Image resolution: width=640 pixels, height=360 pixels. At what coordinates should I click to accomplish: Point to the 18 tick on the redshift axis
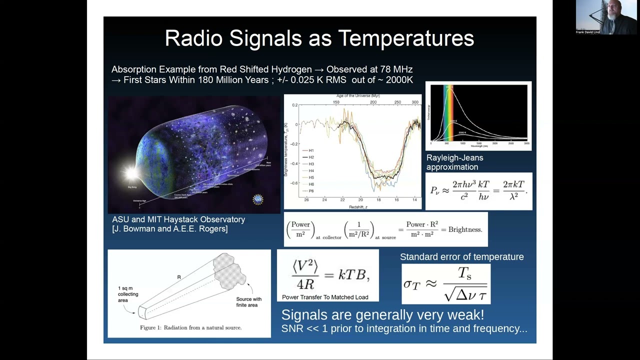coord(378,200)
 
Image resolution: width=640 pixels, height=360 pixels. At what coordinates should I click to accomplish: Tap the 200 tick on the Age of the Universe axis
coord(373,102)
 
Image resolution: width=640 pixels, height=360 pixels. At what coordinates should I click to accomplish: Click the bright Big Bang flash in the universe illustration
coord(131,173)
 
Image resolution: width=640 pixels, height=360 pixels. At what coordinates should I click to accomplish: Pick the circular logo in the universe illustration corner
coord(257,199)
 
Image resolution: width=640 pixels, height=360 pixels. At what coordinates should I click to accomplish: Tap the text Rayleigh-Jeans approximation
coord(454,162)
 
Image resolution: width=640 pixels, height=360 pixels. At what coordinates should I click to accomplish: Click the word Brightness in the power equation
coord(464,229)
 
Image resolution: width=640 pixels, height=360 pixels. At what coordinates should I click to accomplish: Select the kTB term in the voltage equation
coord(352,274)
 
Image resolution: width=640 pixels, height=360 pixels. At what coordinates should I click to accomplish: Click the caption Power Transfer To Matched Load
coord(325,297)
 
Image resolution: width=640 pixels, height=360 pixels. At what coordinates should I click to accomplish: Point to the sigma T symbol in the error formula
coord(412,284)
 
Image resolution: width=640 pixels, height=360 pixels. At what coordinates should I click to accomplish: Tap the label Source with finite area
coord(248,302)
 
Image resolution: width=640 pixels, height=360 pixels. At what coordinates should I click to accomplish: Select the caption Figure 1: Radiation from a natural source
coord(190,327)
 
